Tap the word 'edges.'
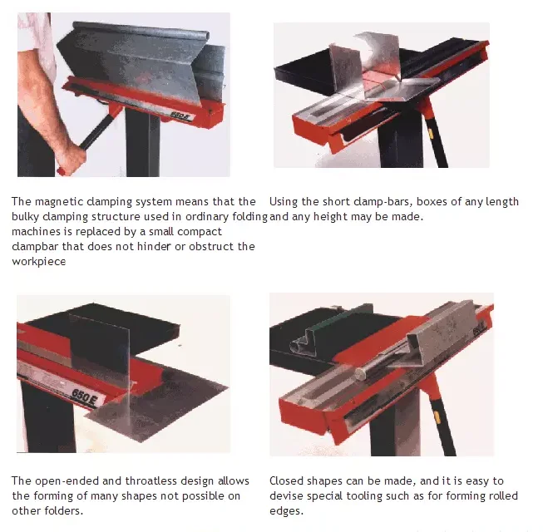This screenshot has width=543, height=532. click(x=287, y=511)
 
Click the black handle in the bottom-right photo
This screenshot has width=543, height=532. click(x=442, y=425)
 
